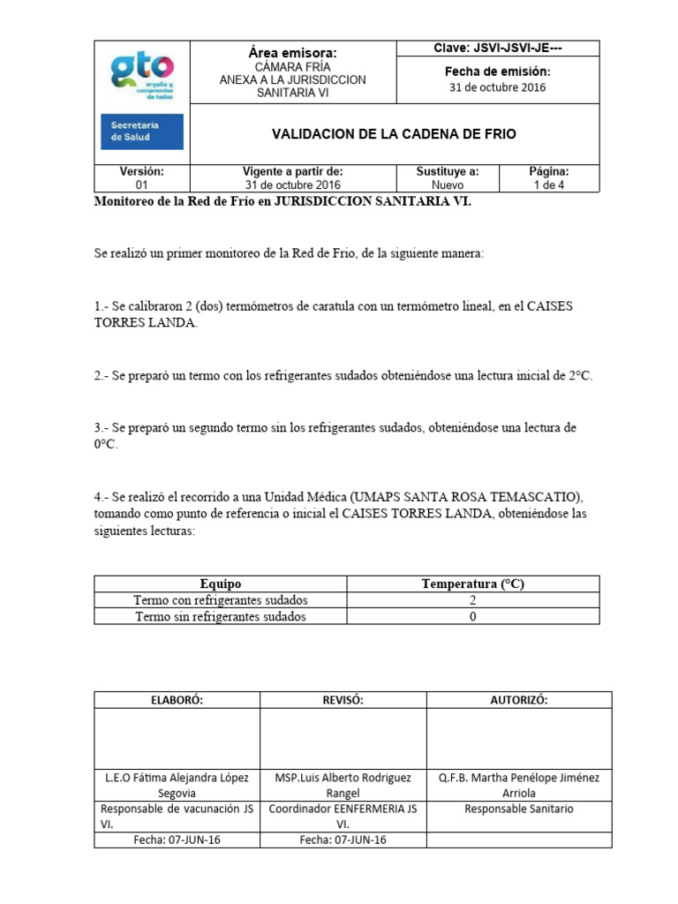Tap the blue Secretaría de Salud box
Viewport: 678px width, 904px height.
click(142, 131)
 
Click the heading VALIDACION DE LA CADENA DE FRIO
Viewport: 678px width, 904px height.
click(393, 134)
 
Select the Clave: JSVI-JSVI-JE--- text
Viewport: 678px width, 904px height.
click(498, 48)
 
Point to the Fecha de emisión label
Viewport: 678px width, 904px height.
click(498, 71)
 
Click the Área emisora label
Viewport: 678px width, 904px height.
click(292, 53)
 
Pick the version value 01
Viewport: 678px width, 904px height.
click(142, 185)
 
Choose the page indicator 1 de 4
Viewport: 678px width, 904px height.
click(548, 185)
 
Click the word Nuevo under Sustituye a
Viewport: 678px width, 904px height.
click(448, 185)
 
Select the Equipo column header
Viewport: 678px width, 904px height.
click(220, 584)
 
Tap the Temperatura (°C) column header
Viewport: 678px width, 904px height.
click(472, 584)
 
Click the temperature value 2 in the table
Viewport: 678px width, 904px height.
click(472, 600)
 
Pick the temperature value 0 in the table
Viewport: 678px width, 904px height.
click(472, 616)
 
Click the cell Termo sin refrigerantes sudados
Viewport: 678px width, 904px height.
click(220, 616)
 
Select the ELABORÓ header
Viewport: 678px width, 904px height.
click(177, 699)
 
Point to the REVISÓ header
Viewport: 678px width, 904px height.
click(343, 699)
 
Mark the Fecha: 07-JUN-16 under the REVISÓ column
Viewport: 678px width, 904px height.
click(343, 840)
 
